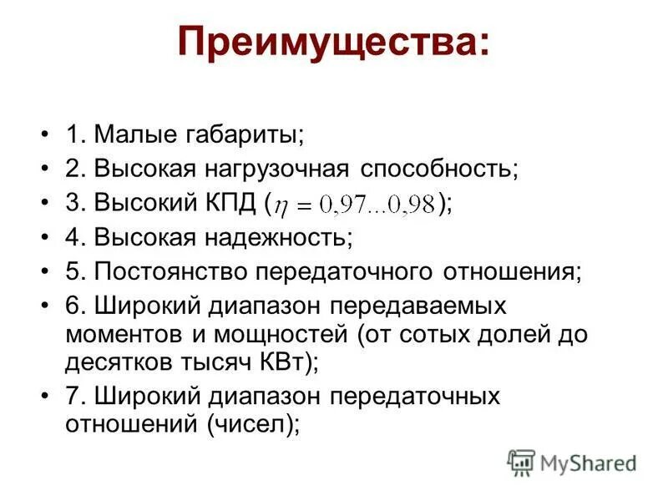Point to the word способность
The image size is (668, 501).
pos(439,169)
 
